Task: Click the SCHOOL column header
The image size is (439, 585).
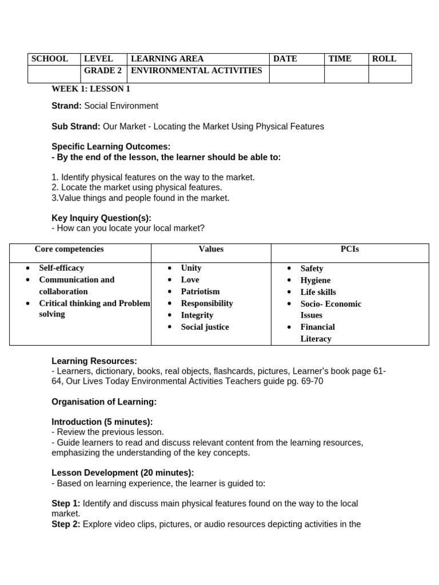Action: (x=50, y=59)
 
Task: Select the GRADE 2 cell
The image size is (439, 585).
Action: (x=103, y=71)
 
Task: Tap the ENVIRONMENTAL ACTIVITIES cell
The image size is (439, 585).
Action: (x=196, y=71)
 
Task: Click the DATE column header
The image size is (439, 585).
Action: (x=285, y=59)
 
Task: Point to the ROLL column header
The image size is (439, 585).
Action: (x=384, y=59)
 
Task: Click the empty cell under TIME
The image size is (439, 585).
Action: (x=346, y=74)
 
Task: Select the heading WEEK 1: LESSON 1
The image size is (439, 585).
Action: (x=91, y=89)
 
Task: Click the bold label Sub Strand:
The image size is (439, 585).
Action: (x=76, y=126)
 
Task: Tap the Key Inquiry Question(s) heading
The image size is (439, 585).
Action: (x=101, y=218)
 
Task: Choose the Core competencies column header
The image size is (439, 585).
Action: (x=69, y=249)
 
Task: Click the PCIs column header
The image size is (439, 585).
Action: (x=349, y=249)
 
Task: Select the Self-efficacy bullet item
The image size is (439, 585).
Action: (x=61, y=268)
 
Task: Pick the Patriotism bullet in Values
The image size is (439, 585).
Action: (x=200, y=291)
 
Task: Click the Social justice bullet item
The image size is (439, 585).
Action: (x=205, y=327)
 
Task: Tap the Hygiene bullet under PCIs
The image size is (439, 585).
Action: (x=315, y=280)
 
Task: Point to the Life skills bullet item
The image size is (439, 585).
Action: (x=318, y=292)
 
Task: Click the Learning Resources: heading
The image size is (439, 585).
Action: (x=94, y=361)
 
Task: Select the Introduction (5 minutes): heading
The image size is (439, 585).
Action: (x=102, y=422)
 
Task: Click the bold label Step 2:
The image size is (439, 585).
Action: (x=66, y=524)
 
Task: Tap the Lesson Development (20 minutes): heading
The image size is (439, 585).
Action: (x=122, y=472)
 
